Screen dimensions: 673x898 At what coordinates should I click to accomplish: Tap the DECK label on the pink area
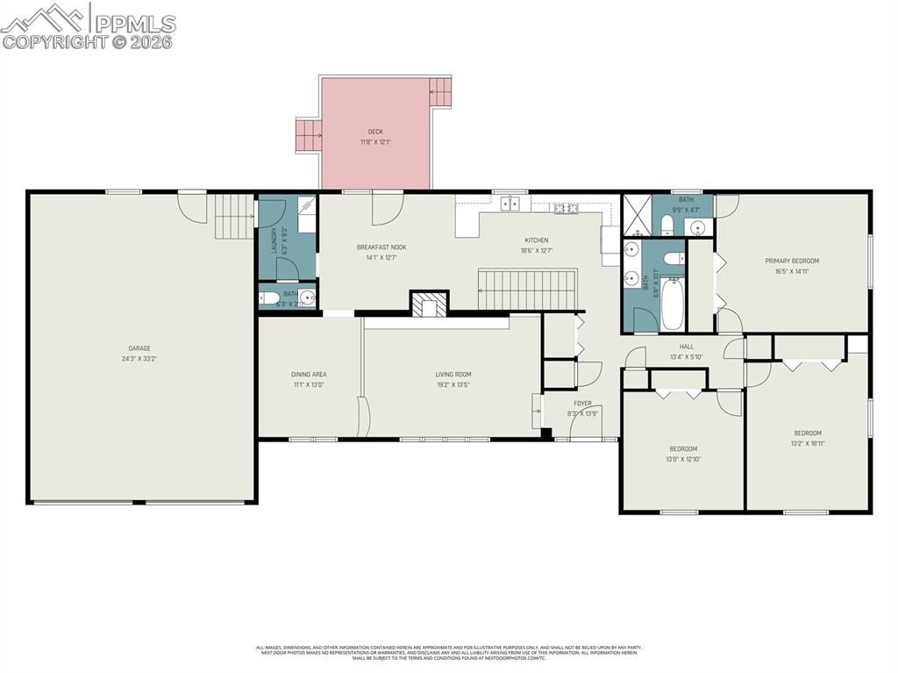375,132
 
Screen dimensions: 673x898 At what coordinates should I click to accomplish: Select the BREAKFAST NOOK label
381,247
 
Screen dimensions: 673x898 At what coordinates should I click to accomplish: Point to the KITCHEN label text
537,240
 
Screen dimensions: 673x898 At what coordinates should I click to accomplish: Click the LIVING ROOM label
453,375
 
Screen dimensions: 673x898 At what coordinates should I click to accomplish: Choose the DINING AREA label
309,375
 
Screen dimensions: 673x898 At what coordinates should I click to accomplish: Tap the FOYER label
582,404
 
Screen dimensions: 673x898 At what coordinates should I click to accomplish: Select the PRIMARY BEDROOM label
792,261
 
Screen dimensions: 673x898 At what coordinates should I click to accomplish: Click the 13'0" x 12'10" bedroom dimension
683,459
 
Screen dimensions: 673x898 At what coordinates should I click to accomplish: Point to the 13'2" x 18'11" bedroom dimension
808,443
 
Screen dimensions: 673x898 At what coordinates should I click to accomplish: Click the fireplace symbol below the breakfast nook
429,304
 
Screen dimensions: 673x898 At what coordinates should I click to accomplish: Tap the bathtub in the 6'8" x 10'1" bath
673,303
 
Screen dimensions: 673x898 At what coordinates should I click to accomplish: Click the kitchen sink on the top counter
510,204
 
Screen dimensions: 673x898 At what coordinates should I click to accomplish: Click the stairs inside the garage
234,216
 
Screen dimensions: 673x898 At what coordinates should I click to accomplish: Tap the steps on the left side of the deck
307,135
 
